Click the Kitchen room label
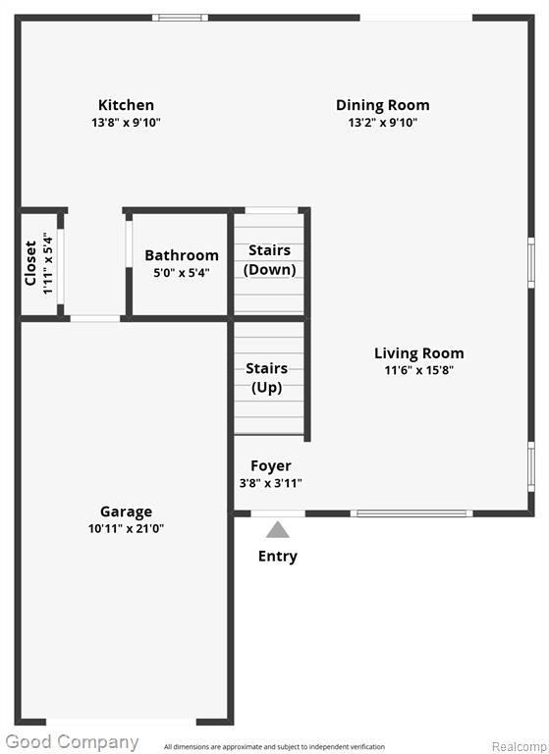[126, 105]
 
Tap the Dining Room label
[382, 105]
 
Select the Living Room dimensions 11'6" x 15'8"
[419, 370]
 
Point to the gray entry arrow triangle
[278, 529]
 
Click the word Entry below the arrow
[278, 557]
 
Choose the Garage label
[126, 512]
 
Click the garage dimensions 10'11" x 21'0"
[126, 528]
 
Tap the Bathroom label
[182, 255]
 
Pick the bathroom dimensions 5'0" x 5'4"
[182, 273]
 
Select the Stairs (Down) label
[269, 259]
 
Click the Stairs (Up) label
[266, 378]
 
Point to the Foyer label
[271, 466]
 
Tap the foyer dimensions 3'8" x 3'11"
[271, 483]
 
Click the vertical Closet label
[30, 263]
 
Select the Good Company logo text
[72, 742]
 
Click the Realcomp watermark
[520, 747]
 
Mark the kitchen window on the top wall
[181, 18]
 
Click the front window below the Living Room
[412, 513]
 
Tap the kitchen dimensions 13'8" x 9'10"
[126, 122]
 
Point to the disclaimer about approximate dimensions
[274, 747]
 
